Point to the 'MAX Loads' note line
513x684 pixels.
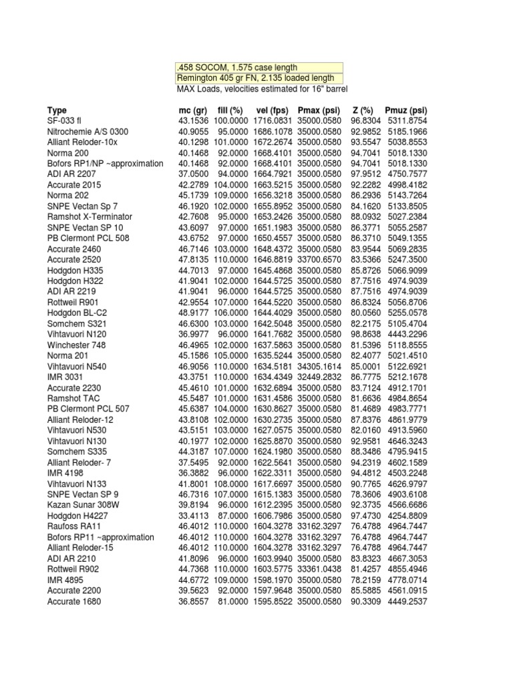click(262, 89)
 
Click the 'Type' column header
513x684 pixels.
click(57, 110)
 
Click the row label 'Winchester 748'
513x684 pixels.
click(77, 345)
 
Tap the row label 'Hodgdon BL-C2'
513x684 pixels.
click(77, 313)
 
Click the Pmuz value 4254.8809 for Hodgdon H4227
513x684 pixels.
click(406, 516)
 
